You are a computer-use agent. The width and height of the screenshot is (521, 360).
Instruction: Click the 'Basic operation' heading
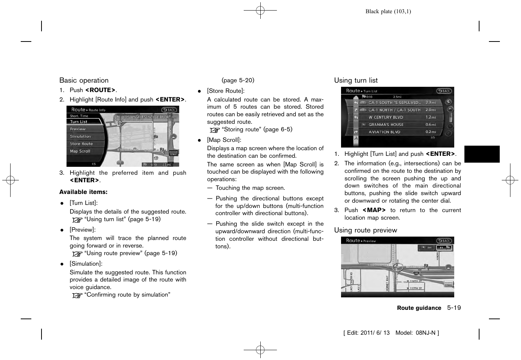(x=84, y=80)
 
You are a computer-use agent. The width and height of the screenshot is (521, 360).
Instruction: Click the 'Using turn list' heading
(x=355, y=80)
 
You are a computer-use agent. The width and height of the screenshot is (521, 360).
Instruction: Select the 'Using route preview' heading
(x=365, y=230)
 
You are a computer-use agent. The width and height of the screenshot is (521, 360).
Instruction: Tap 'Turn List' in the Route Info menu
(x=79, y=122)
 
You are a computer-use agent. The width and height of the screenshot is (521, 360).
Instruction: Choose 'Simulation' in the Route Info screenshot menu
(x=80, y=137)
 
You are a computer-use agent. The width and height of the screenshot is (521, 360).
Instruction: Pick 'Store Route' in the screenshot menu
(x=81, y=144)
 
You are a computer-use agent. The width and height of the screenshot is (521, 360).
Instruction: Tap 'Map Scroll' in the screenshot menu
(x=80, y=151)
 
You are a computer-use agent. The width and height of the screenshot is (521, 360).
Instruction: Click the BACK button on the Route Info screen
(x=169, y=110)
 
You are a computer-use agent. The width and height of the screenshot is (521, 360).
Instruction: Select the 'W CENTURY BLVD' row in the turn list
(x=386, y=117)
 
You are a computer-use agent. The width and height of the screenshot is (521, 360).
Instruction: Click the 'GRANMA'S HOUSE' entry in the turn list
(x=386, y=125)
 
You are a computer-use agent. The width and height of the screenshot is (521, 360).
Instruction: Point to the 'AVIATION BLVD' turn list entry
(x=384, y=132)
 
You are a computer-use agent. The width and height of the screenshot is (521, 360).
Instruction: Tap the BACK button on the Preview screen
(x=444, y=241)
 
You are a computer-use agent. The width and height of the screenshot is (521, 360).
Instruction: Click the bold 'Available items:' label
(x=83, y=192)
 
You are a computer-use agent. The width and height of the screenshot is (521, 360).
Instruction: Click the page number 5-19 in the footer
(x=454, y=308)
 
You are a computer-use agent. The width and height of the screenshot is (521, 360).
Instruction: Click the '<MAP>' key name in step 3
(x=374, y=210)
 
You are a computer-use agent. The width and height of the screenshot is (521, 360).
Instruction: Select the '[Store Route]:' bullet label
(x=226, y=91)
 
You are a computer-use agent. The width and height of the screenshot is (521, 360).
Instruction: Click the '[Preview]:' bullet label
(x=83, y=230)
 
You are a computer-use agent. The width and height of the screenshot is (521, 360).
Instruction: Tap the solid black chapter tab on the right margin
(x=482, y=154)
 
